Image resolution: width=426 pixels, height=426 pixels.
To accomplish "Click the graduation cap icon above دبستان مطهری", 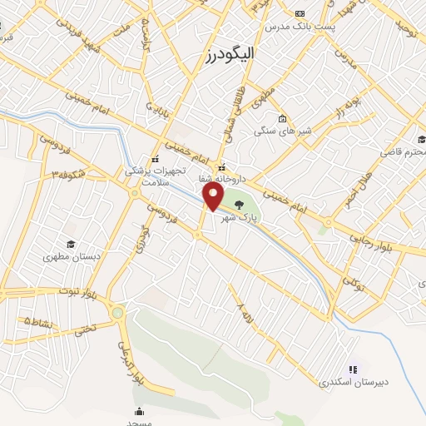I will click(72, 244).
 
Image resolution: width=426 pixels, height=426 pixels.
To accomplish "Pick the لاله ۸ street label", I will click(242, 313).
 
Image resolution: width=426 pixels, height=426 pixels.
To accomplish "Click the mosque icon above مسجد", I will click(139, 411).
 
